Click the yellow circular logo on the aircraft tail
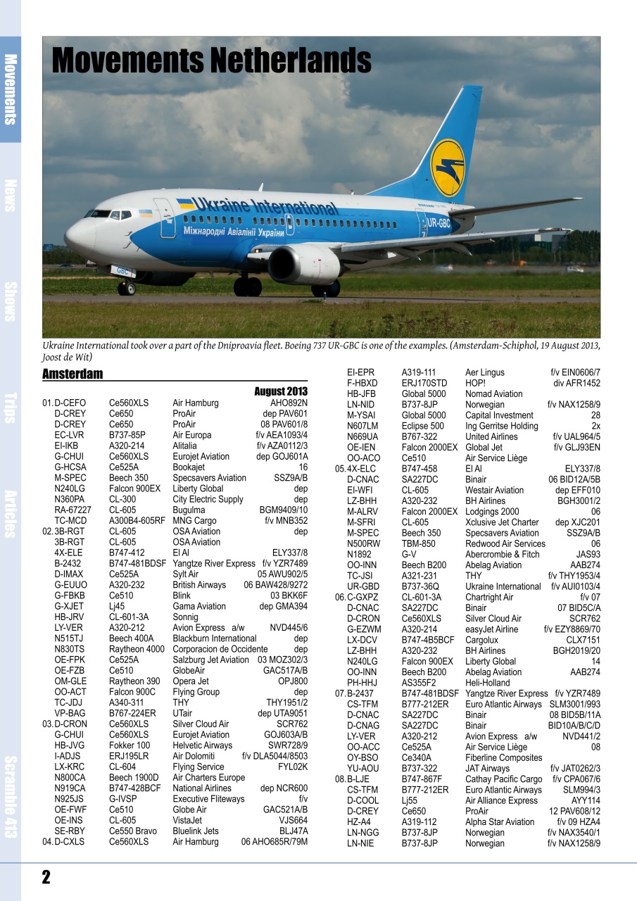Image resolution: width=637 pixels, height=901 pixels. [447, 169]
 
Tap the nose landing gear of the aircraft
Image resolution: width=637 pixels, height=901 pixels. [127, 286]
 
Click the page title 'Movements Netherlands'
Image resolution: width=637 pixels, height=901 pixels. [211, 61]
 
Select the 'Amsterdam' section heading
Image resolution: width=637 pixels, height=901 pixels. [72, 374]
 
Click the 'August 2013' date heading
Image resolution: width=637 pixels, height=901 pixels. [281, 391]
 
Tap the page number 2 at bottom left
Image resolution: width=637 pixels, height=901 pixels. [46, 876]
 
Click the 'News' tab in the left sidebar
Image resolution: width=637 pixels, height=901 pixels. [11, 195]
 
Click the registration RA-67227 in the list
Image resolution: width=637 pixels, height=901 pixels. [72, 510]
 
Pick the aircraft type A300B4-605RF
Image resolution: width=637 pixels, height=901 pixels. [137, 521]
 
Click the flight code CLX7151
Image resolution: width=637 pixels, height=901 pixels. [583, 640]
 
